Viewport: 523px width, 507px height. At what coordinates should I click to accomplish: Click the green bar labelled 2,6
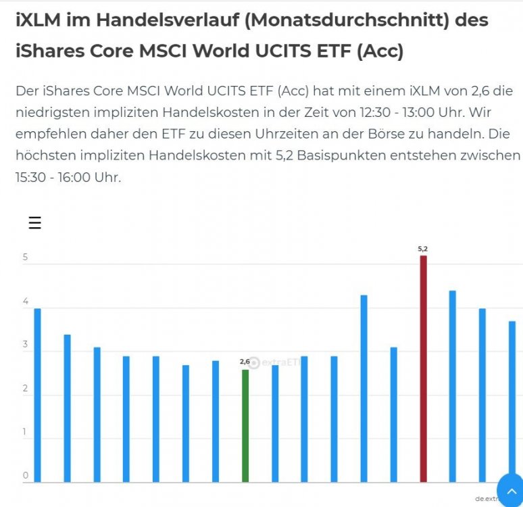(245, 425)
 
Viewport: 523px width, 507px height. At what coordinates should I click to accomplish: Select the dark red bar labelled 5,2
(423, 368)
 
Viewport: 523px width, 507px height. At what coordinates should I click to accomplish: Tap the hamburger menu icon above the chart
(34, 223)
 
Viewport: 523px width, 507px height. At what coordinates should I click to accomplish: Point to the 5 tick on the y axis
(25, 258)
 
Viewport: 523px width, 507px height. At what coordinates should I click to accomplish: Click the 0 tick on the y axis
(26, 476)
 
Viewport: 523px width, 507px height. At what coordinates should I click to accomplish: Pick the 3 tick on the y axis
(26, 345)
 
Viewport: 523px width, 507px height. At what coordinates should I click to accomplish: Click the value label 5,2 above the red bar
(423, 249)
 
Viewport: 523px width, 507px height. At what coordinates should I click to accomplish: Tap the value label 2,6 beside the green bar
(245, 362)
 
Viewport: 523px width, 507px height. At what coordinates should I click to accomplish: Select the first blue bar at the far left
(38, 395)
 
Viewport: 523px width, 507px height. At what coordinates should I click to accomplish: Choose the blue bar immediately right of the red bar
(453, 386)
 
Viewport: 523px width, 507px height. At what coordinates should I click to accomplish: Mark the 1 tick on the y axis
(26, 432)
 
